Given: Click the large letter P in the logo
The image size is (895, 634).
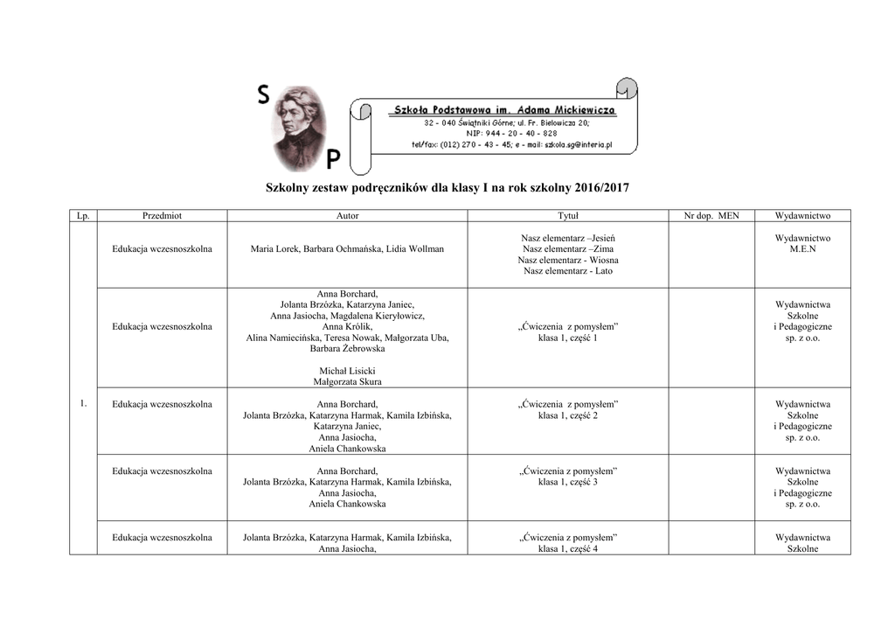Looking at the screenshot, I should (333, 159).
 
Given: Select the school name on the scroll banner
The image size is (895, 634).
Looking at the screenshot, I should (505, 111).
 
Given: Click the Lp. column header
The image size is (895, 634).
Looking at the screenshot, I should (83, 215).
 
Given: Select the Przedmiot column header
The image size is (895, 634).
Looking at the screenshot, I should (162, 215).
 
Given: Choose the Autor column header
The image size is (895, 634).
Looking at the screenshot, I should (347, 215).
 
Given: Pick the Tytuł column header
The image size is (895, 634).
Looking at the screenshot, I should (568, 215).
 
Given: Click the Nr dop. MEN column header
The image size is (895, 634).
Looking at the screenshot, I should (711, 215).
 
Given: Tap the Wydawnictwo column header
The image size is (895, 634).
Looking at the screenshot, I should (802, 215).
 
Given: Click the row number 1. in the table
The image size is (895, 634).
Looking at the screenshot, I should (83, 403).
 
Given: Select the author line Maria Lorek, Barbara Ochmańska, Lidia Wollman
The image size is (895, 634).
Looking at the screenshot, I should (347, 249).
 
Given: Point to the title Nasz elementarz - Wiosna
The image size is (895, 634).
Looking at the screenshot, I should (568, 260).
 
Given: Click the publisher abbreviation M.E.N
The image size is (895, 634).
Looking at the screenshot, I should (802, 249).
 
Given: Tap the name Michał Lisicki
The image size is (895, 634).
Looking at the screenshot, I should (347, 371).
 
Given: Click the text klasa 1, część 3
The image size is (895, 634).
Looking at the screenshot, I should (568, 483).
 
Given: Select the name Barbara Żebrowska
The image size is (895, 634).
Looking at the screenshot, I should (347, 348).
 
